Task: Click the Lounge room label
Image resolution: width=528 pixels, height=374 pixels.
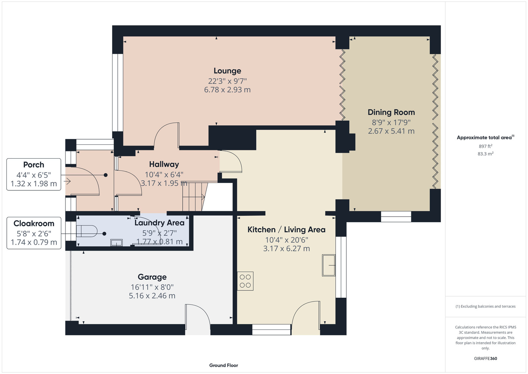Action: pyautogui.click(x=227, y=71)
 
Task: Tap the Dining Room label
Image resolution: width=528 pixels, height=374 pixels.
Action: pyautogui.click(x=391, y=112)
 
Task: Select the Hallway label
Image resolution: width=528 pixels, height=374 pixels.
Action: pyautogui.click(x=164, y=164)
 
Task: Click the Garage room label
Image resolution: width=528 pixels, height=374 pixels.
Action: pyautogui.click(x=152, y=277)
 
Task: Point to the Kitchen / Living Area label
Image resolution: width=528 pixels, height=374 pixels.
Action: pyautogui.click(x=286, y=230)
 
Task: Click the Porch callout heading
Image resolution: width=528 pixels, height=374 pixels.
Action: pyautogui.click(x=34, y=165)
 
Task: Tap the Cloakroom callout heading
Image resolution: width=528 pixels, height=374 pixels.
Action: pyautogui.click(x=34, y=223)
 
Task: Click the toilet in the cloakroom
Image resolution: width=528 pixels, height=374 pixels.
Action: pyautogui.click(x=87, y=231)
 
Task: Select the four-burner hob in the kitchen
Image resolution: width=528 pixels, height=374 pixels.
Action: pyautogui.click(x=245, y=281)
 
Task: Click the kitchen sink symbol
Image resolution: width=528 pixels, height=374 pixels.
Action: pyautogui.click(x=328, y=265)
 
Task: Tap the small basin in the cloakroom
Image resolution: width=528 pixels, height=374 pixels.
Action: pyautogui.click(x=117, y=243)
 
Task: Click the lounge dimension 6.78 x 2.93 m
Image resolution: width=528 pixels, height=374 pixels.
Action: pyautogui.click(x=227, y=90)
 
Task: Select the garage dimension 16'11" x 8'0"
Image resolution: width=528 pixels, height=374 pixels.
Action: pyautogui.click(x=152, y=287)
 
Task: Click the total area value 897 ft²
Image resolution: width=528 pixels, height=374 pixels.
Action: pyautogui.click(x=485, y=146)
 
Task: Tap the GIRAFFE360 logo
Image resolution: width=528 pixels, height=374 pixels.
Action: pyautogui.click(x=485, y=358)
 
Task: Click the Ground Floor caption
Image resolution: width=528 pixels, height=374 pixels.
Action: pyautogui.click(x=224, y=365)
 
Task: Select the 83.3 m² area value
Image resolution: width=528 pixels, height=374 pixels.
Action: pyautogui.click(x=485, y=154)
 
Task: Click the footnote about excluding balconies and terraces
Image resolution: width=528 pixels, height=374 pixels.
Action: pyautogui.click(x=485, y=306)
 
